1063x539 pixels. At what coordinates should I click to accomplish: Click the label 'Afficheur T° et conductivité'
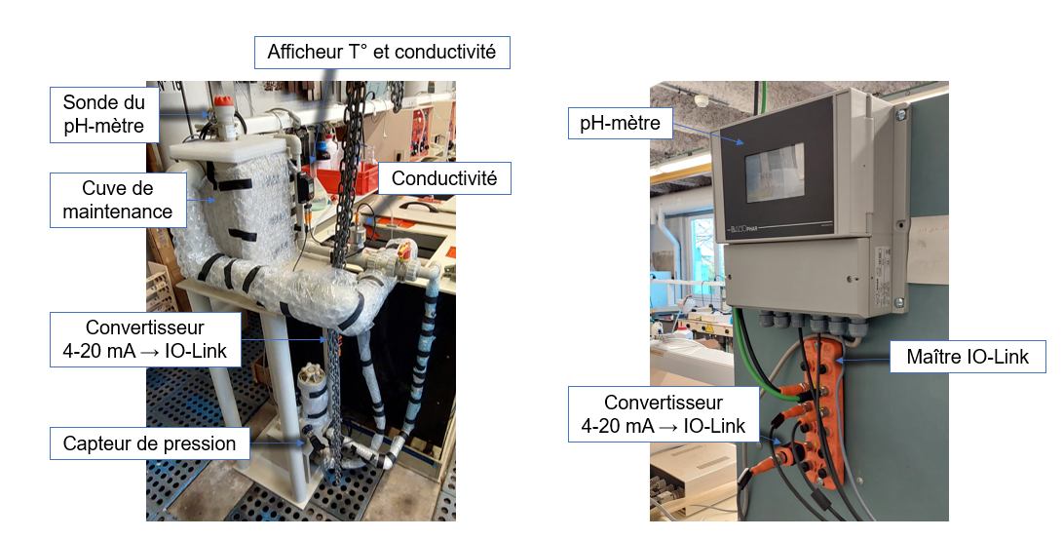382,52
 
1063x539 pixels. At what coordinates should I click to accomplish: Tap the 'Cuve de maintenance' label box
117,199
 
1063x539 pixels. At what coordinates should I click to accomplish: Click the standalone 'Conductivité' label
443,177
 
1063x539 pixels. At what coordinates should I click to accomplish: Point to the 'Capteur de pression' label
149,443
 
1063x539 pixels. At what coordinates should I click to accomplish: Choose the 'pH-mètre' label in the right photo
620,123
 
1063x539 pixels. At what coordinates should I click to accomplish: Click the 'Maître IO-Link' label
968,357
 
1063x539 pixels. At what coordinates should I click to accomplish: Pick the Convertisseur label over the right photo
663,414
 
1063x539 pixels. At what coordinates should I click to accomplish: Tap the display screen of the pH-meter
774,173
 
